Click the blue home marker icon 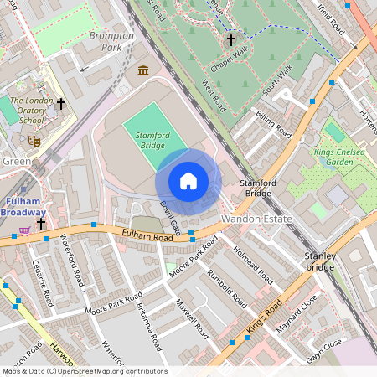pyautogui.click(x=188, y=181)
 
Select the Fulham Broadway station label pyautogui.click(x=23, y=207)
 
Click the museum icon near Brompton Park pyautogui.click(x=143, y=70)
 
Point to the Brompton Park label pyautogui.click(x=111, y=42)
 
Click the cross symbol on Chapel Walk pyautogui.click(x=230, y=39)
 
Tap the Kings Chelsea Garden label pyautogui.click(x=344, y=157)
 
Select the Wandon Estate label pyautogui.click(x=256, y=219)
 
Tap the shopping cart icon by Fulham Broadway pyautogui.click(x=25, y=230)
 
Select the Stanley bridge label pyautogui.click(x=319, y=261)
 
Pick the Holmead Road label pyautogui.click(x=252, y=264)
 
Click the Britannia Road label pyautogui.click(x=152, y=319)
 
